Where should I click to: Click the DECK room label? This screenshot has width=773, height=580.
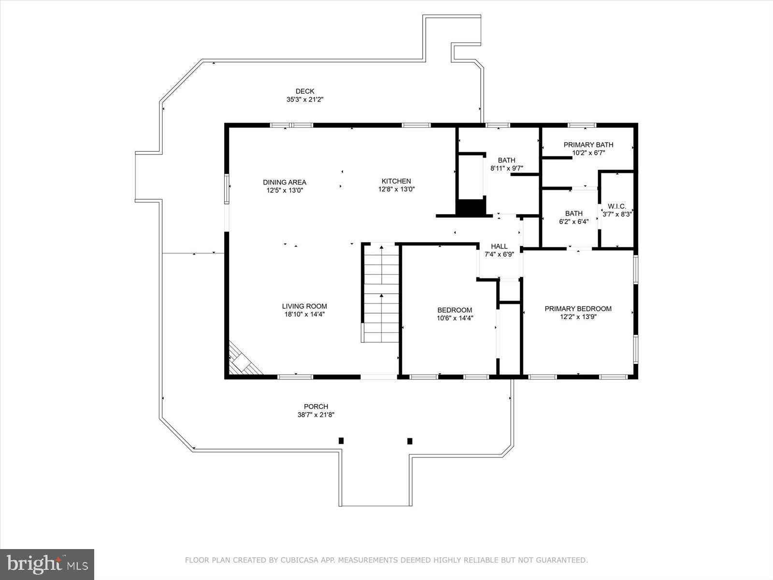(x=305, y=91)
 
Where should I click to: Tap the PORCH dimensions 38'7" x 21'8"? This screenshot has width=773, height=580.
(x=316, y=415)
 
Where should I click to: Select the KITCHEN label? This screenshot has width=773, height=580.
(x=396, y=181)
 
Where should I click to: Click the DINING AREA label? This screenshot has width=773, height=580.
(x=285, y=182)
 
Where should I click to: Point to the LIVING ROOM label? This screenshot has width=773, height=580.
(x=304, y=306)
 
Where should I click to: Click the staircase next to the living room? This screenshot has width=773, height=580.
(x=381, y=295)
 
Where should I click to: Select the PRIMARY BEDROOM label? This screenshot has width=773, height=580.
(x=578, y=309)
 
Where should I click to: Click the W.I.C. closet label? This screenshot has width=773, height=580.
(x=617, y=206)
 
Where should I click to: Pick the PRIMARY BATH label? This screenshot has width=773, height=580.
(x=588, y=145)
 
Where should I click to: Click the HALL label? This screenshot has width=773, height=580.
(x=499, y=246)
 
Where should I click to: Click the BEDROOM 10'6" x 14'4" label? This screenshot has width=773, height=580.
(x=454, y=310)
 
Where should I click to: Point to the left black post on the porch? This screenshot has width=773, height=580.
(x=341, y=440)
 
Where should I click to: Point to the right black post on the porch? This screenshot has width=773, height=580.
(x=410, y=441)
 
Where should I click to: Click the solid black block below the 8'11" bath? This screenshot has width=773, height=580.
(x=470, y=207)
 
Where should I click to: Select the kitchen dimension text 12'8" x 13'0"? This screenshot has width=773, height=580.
(x=396, y=189)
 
